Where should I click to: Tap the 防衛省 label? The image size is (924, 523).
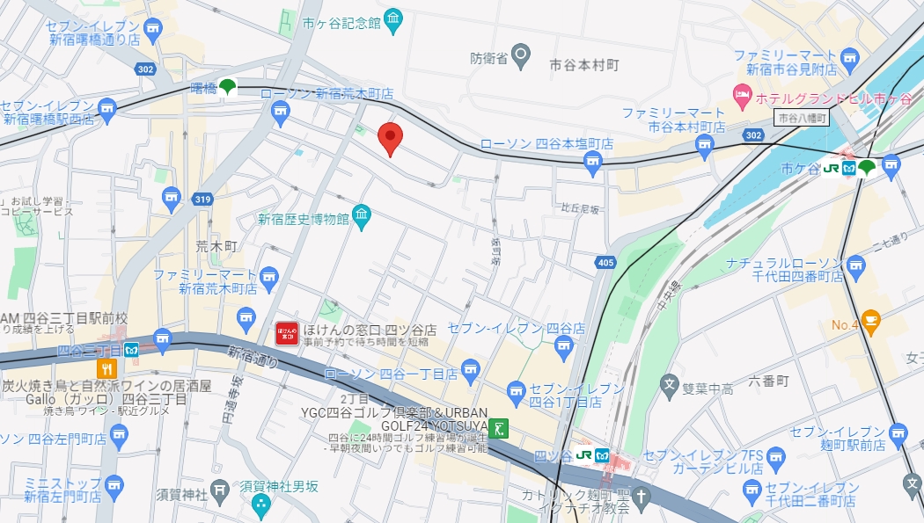click(x=488, y=59)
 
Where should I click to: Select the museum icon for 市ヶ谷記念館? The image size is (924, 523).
click(x=393, y=19)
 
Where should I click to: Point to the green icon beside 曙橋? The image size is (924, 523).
click(x=228, y=87)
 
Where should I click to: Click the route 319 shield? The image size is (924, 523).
click(x=203, y=200)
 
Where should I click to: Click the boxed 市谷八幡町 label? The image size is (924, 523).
click(x=802, y=118)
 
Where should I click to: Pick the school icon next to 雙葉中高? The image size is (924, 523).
click(x=669, y=384)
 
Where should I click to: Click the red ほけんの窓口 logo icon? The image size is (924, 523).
click(x=287, y=333)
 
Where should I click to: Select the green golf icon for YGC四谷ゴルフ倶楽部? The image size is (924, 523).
click(x=500, y=428)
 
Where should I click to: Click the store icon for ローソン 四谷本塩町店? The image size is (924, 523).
click(x=592, y=161)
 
